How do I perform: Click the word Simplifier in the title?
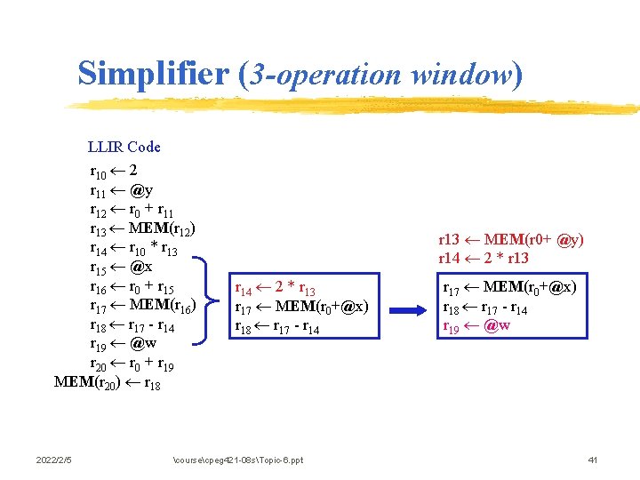[155, 73]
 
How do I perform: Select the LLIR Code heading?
[124, 147]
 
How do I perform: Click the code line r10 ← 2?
[113, 171]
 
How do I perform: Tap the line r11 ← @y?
[121, 190]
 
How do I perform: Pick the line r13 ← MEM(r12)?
[142, 229]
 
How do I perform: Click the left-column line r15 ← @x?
[121, 268]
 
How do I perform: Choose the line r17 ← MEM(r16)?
[142, 307]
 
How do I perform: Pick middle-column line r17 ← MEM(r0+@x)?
[300, 308]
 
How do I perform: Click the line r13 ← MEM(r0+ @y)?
[511, 239]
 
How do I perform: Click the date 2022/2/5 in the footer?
[54, 460]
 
